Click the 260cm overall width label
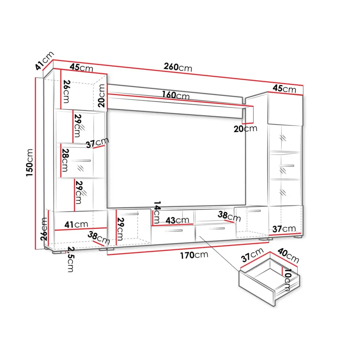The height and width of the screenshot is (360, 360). (178, 67)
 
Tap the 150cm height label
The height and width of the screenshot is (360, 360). (30, 163)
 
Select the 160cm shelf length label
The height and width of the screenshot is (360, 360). (176, 95)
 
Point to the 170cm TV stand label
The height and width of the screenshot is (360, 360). (194, 255)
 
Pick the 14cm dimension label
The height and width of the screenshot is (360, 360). (157, 212)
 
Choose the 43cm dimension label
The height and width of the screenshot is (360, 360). (177, 220)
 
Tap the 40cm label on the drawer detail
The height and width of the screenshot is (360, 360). (288, 256)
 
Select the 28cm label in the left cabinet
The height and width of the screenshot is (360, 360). (65, 160)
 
